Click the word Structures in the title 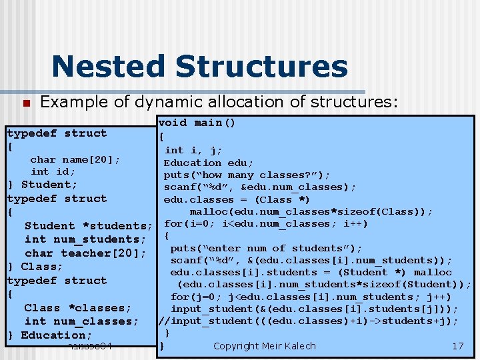pyautogui.click(x=261, y=67)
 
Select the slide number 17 pyautogui.click(x=457, y=346)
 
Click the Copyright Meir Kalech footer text pyautogui.click(x=264, y=346)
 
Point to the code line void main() pyautogui.click(x=197, y=123)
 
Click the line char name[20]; pyautogui.click(x=75, y=159)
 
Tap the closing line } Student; pyautogui.click(x=42, y=185)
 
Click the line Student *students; pyautogui.click(x=89, y=226)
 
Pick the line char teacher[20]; pyautogui.click(x=85, y=253)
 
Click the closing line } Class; pyautogui.click(x=35, y=267)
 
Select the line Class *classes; pyautogui.click(x=77, y=308)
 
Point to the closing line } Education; pyautogui.click(x=49, y=335)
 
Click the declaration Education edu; pyautogui.click(x=209, y=163)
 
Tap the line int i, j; pyautogui.click(x=193, y=151)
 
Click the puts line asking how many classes pyautogui.click(x=247, y=175)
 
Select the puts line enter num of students pyautogui.click(x=267, y=248)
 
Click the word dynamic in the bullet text pyautogui.click(x=171, y=102)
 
